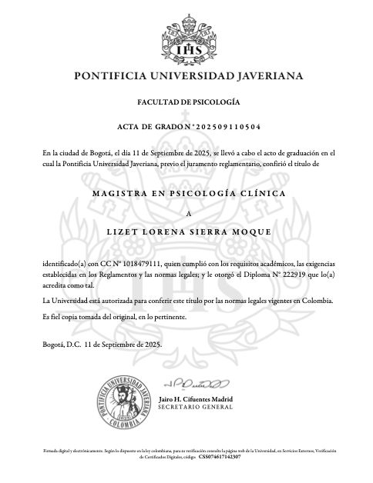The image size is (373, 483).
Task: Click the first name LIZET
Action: [x=121, y=231]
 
